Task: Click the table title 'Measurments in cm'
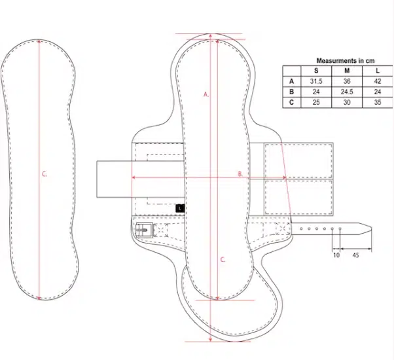tap(346, 61)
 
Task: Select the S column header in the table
tap(316, 71)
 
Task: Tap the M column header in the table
tap(347, 71)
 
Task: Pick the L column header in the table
tap(378, 71)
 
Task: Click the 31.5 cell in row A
tap(316, 81)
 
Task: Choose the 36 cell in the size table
tap(347, 81)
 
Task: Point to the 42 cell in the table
tap(378, 81)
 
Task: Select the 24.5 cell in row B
tap(347, 92)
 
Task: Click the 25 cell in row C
tap(316, 103)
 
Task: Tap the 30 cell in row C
tap(347, 103)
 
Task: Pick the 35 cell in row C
tap(378, 103)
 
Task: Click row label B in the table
tap(291, 92)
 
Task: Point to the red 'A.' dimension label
tap(206, 94)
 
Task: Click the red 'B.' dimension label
tap(240, 174)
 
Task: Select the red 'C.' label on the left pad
tap(45, 174)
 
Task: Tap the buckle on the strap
tap(144, 230)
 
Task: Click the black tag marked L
tap(180, 208)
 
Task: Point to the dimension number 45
tap(355, 255)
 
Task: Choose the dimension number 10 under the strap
tap(336, 255)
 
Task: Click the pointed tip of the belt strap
tap(371, 228)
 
